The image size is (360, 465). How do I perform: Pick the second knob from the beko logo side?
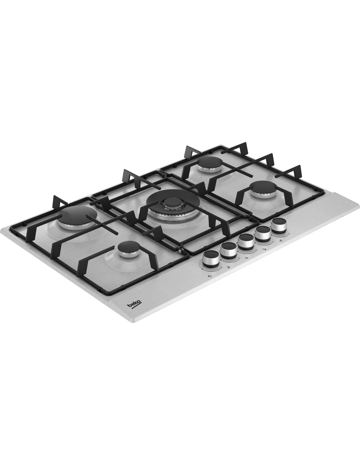(x=229, y=250)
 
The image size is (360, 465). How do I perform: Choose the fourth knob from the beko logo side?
(x=262, y=234)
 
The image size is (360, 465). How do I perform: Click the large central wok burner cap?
(x=172, y=201)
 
